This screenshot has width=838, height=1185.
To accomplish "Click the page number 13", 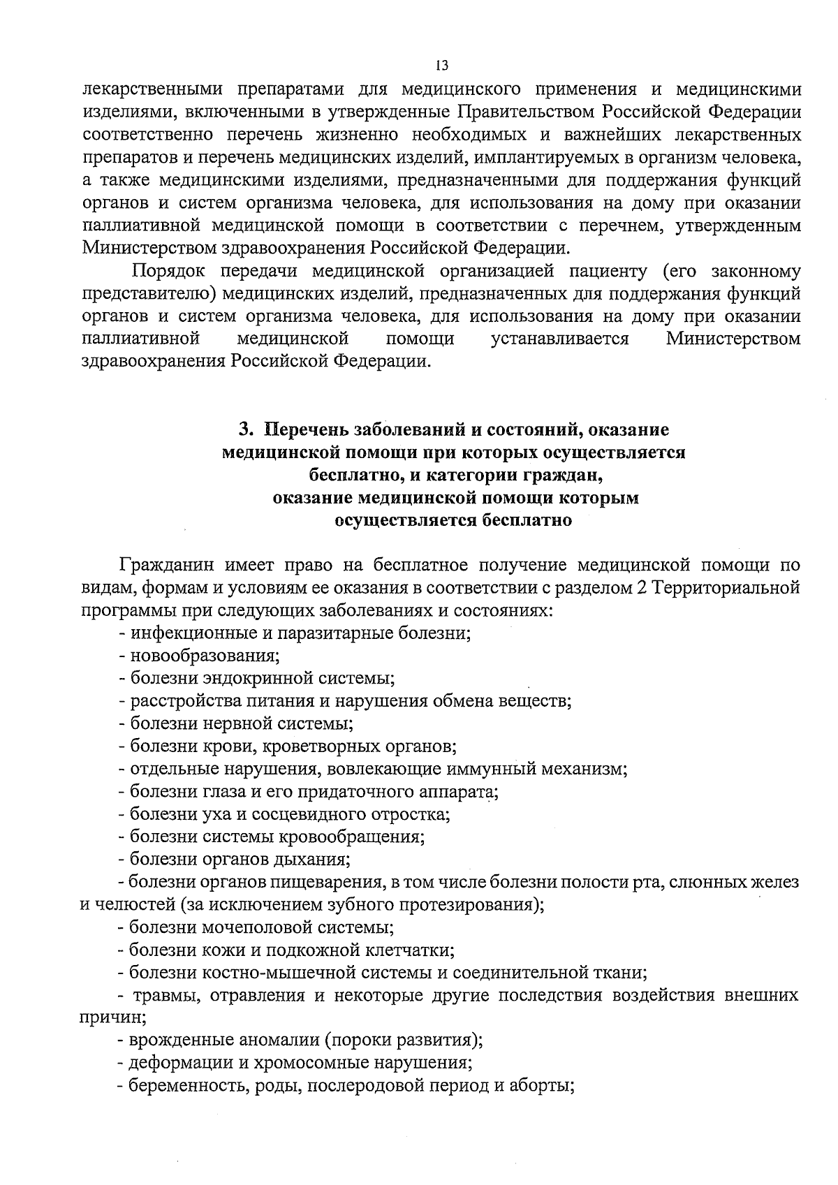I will coord(441,66).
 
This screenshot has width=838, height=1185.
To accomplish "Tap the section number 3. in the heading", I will coord(246,429).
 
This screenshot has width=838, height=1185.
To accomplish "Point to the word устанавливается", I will coord(559,339).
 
